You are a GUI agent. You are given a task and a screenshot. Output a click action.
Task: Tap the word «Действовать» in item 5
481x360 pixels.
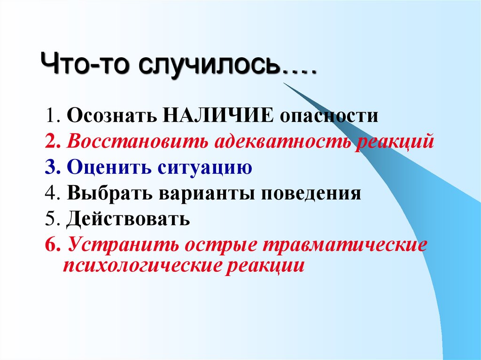point(128,219)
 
